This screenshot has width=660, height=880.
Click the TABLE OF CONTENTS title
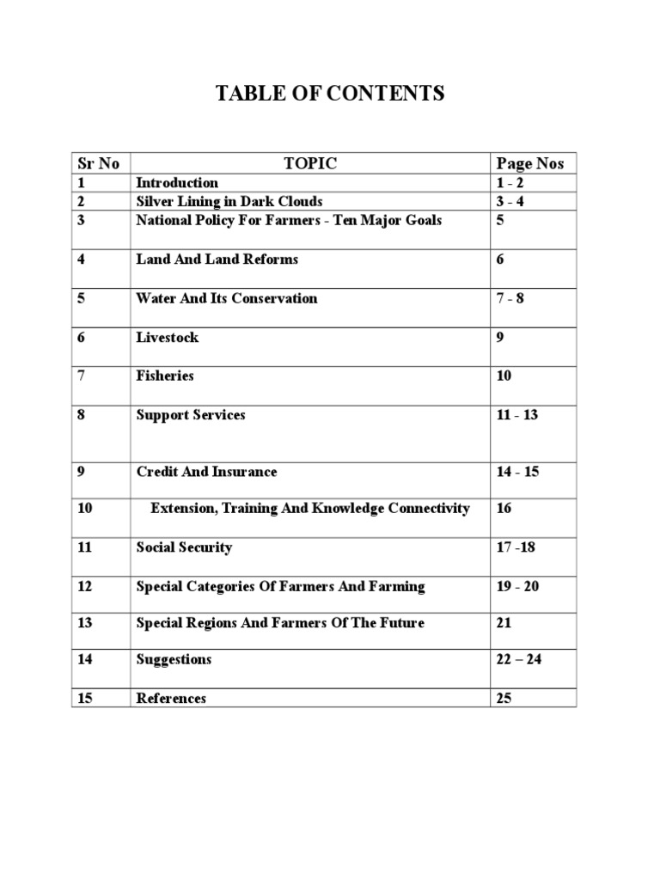point(330,94)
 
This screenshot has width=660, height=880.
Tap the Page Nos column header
point(530,163)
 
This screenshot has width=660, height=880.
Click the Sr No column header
point(98,163)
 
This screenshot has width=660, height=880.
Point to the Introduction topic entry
point(177,182)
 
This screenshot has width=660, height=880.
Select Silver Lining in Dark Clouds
point(229,201)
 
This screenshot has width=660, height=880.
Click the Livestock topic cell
point(167,337)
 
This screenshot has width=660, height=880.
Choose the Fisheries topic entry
point(165,376)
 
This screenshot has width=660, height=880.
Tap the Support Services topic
point(190,414)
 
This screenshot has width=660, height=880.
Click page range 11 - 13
point(517,414)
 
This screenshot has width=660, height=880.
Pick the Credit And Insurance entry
point(206,472)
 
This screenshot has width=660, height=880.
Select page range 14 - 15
point(517,472)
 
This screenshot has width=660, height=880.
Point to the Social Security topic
point(184,547)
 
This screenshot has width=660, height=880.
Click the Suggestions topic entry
point(174,659)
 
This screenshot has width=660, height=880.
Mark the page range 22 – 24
point(519,659)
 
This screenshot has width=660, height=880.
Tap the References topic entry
point(171,698)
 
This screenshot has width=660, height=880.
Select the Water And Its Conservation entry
point(227,298)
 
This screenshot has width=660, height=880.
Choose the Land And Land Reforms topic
point(217,259)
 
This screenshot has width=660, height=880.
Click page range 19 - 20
point(517,586)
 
